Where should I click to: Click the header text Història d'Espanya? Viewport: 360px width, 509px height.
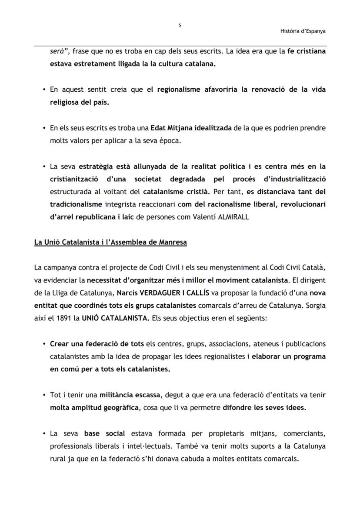[303, 31]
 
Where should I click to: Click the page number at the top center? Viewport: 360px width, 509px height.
[180, 26]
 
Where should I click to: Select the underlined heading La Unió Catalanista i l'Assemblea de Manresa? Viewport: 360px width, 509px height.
[110, 242]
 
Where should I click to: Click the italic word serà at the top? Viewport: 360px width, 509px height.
[57, 51]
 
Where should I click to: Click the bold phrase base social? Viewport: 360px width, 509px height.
[104, 433]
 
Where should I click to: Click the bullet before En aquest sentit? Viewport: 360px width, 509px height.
[44, 90]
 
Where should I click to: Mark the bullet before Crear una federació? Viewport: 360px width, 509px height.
[44, 344]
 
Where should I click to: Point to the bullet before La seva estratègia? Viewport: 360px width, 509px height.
[44, 166]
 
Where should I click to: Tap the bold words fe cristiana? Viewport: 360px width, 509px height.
[306, 51]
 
